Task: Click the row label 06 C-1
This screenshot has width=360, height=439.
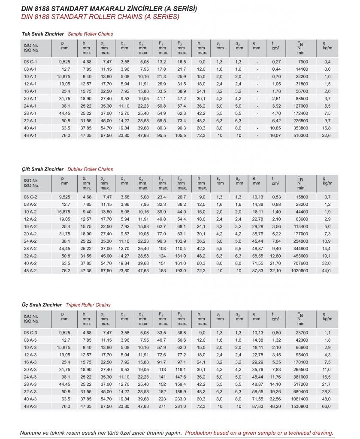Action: [30, 62]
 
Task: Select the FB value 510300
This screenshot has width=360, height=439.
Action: [299, 135]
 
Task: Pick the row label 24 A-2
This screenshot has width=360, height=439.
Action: [30, 241]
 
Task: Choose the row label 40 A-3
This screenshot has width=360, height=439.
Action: [30, 399]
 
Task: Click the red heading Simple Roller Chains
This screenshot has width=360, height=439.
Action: [90, 34]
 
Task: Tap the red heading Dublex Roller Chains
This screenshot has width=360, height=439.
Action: [91, 169]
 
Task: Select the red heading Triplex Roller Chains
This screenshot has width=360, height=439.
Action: [88, 305]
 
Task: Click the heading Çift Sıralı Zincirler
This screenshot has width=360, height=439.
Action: [42, 169]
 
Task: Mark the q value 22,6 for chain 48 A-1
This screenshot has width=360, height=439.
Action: [327, 135]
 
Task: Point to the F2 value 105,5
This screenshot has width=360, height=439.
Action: [182, 135]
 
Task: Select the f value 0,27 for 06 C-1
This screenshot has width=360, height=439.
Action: [276, 62]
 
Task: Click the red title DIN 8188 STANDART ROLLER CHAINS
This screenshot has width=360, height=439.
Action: [100, 17]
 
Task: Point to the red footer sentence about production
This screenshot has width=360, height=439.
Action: [259, 433]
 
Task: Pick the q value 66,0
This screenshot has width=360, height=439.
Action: [327, 406]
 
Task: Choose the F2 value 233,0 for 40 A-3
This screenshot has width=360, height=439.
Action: [182, 399]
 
